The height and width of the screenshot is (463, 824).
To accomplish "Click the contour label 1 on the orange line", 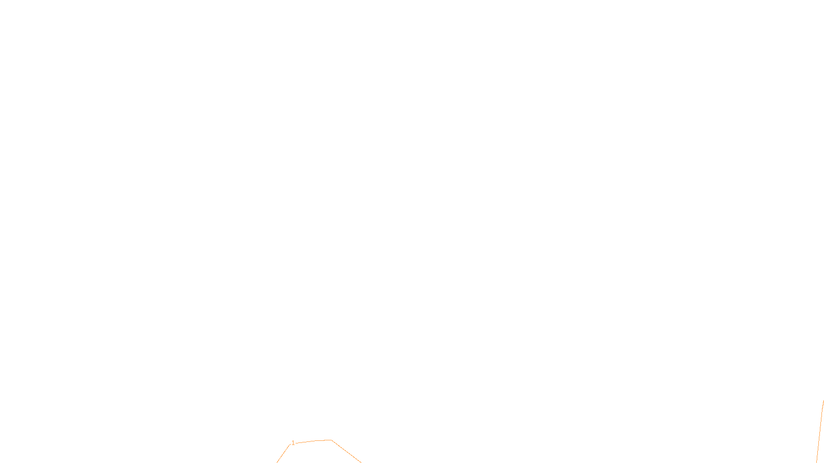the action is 293,443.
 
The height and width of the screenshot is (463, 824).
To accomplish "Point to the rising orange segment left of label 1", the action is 283,454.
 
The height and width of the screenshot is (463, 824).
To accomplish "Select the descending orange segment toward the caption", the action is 346,452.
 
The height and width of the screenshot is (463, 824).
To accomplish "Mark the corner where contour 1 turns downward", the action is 331,440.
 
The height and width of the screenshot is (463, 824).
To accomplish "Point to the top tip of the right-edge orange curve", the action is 823,401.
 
